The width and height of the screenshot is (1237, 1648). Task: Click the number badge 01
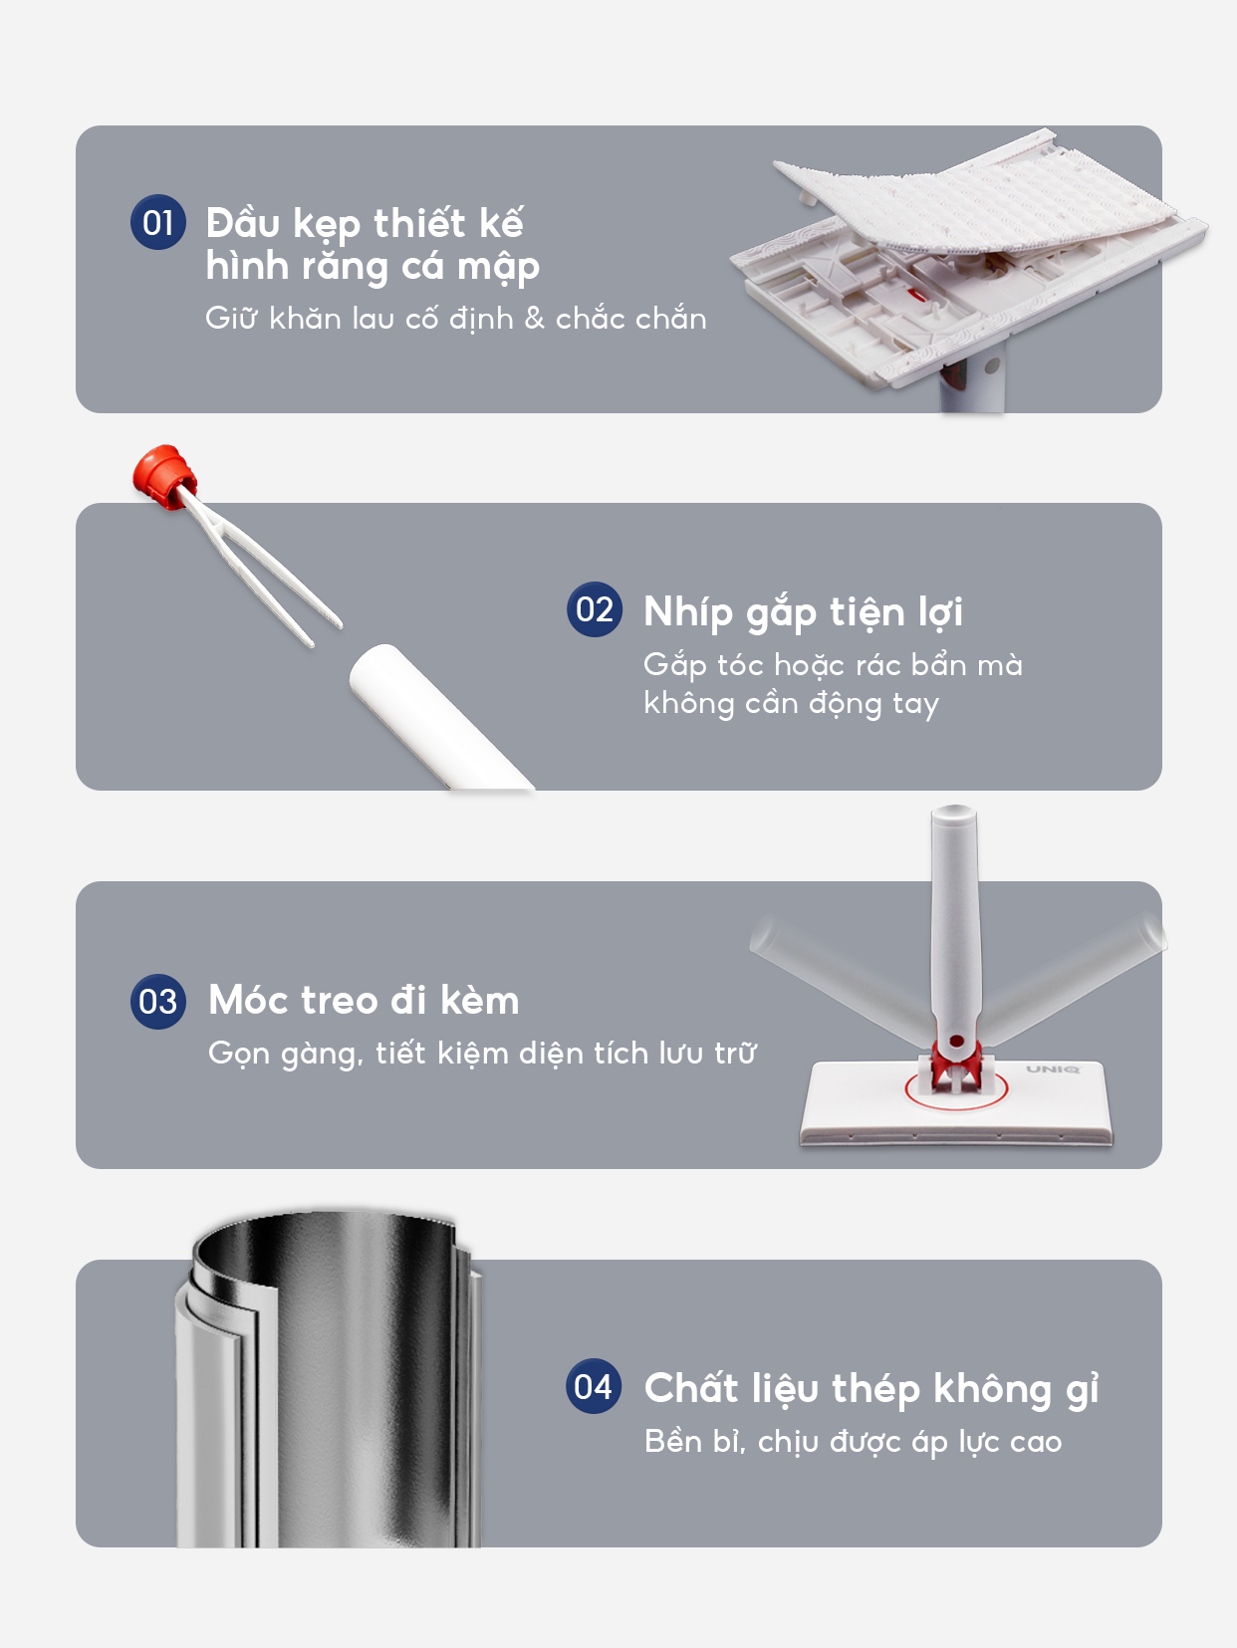(x=158, y=222)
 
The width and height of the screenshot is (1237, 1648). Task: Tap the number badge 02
(x=595, y=609)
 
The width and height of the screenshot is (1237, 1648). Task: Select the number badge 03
(x=158, y=1002)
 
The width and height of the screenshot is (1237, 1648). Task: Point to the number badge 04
(x=594, y=1386)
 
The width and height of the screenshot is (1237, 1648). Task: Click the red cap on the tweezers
(x=160, y=475)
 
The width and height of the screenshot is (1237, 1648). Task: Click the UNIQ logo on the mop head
(x=1053, y=1069)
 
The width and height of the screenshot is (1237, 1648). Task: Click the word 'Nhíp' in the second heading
(x=687, y=611)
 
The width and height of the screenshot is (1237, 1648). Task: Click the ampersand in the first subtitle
(x=535, y=319)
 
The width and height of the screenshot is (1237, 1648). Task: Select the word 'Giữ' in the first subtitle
(x=231, y=319)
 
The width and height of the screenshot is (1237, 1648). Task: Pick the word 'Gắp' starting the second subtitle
(x=674, y=665)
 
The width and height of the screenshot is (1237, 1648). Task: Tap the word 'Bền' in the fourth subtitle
(x=673, y=1442)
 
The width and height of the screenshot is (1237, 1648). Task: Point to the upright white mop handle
(x=954, y=916)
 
